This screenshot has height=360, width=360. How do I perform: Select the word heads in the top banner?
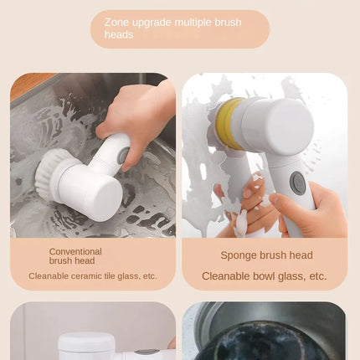click(119, 34)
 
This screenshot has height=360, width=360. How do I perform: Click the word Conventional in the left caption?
click(75, 251)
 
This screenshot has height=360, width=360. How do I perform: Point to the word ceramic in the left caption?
click(86, 276)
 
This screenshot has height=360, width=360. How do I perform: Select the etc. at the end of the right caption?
click(318, 276)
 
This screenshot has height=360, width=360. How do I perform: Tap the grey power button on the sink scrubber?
click(121, 157)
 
